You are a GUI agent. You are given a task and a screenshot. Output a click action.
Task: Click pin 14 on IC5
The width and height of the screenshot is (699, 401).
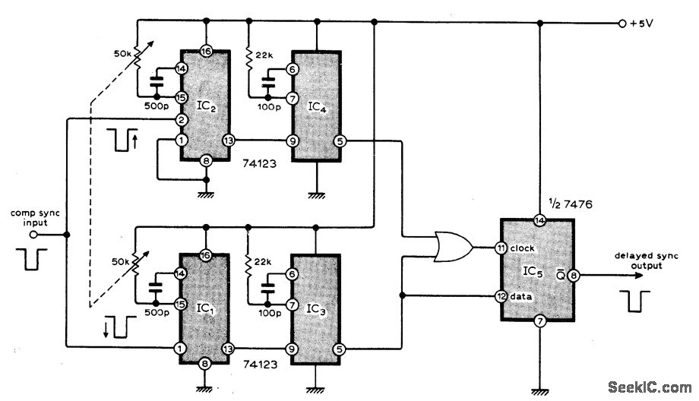[x=539, y=221]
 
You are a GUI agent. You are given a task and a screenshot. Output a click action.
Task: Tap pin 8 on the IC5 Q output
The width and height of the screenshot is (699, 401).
[x=575, y=277]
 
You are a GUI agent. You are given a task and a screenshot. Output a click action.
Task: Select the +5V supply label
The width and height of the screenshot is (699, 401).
[x=642, y=24]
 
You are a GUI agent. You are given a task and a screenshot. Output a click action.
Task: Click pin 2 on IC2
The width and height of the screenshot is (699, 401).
[x=182, y=120]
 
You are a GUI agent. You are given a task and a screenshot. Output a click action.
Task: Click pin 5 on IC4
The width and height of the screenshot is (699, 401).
[x=340, y=141]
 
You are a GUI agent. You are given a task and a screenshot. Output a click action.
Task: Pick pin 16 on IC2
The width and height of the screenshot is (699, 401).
[x=206, y=52]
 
